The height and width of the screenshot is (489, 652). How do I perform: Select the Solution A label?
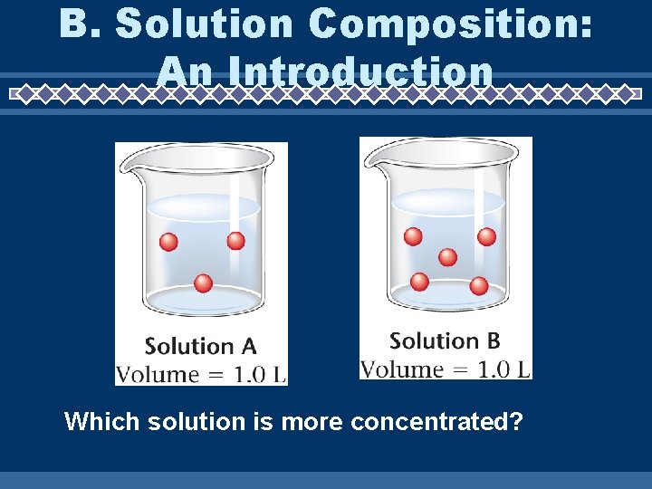tap(200, 346)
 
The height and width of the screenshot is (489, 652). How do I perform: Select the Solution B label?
tap(445, 340)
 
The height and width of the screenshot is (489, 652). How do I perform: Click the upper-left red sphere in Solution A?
tap(168, 242)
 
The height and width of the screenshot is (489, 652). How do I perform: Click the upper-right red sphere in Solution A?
tap(235, 241)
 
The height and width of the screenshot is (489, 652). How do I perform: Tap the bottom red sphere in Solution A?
tap(203, 283)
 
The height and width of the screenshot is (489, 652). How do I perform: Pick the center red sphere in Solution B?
tap(447, 257)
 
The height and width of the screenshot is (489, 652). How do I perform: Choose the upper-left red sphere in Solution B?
tap(413, 236)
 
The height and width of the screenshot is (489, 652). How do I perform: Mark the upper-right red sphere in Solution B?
tap(486, 236)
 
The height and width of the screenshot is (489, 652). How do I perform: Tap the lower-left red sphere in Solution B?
tap(419, 282)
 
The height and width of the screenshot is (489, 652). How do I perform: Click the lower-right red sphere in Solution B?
tap(479, 286)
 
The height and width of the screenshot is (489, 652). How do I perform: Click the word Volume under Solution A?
tap(157, 373)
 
